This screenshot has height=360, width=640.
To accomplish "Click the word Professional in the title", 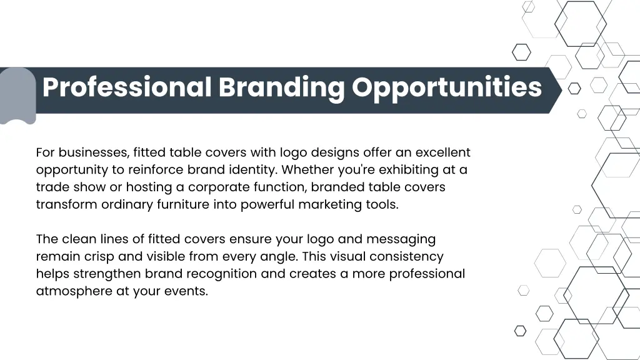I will coord(126,87).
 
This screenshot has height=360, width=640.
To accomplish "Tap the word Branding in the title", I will coord(281,87).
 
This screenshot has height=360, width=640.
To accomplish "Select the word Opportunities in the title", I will coord(446,87).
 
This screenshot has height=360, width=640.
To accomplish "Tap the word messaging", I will coord(401,239).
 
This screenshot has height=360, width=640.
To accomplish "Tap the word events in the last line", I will coord(187,291).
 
